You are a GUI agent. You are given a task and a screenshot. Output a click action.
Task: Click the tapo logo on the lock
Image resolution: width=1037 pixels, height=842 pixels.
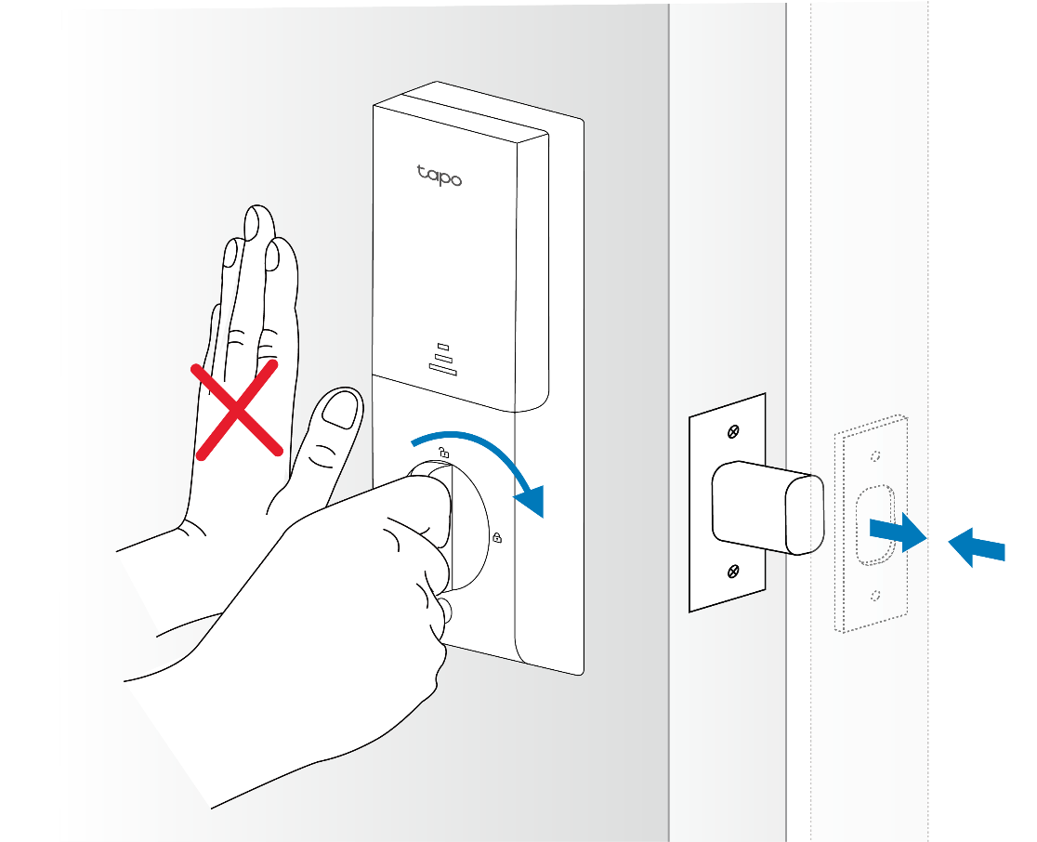point(440,176)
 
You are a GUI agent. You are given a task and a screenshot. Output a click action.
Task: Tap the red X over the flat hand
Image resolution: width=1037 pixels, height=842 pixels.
point(236,410)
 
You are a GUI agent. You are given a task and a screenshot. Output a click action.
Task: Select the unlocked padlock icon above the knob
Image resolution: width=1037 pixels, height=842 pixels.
point(444,453)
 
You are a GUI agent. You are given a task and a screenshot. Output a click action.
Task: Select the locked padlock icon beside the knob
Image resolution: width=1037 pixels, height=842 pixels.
point(497,538)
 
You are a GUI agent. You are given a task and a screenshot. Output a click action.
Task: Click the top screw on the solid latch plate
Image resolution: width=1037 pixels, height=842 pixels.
point(733,432)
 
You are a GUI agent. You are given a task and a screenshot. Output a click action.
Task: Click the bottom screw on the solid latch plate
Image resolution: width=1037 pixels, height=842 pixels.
point(733,571)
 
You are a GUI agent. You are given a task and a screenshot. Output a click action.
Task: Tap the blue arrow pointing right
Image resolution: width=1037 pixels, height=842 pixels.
point(898,532)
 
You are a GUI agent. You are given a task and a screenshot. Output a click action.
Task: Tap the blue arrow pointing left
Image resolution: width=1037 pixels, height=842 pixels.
point(977,547)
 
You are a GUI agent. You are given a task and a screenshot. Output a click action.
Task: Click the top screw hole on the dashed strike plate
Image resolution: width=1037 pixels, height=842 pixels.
point(875,455)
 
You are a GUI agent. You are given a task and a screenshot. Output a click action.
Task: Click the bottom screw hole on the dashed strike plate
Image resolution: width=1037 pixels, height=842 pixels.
point(875,596)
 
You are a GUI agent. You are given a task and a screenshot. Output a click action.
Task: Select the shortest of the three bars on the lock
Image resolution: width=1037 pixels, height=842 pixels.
point(443,347)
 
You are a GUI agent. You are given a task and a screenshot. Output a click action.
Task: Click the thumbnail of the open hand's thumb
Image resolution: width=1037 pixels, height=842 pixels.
point(339,410)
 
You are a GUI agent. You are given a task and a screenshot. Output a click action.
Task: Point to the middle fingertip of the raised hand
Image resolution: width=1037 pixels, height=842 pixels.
point(258,221)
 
